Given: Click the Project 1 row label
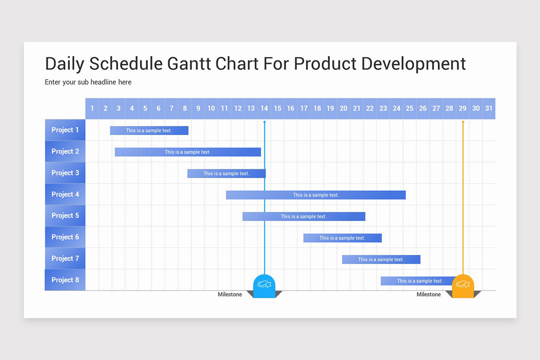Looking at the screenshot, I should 65,130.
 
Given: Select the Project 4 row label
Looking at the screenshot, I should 65,194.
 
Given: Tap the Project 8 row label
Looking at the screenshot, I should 65,280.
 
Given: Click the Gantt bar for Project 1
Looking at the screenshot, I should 149,130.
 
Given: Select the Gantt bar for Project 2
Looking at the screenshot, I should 188,152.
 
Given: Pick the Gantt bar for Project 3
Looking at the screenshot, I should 226,173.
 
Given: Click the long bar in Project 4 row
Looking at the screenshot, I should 315,195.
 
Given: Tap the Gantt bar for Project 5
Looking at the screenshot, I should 304,216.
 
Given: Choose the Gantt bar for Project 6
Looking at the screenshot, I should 342,238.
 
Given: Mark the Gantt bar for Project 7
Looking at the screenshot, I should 381,259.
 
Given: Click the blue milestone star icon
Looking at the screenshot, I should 264,284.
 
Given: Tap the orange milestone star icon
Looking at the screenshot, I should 463,284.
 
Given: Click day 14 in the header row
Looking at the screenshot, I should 264,108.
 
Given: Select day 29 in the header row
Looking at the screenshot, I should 463,108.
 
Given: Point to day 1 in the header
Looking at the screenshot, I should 92,108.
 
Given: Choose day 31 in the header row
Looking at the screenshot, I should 489,108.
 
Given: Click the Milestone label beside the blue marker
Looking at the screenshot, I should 229,294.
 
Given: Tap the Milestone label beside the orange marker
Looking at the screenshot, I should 428,294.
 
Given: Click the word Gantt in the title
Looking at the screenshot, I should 189,64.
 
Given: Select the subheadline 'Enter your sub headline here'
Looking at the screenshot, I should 88,82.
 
